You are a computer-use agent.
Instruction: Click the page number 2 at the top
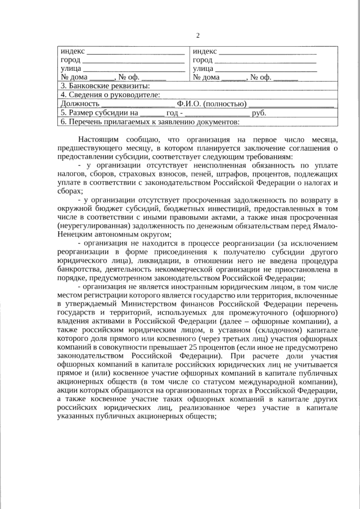[197, 36]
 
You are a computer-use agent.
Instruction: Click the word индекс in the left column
[71, 52]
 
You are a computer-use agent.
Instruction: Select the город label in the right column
[202, 60]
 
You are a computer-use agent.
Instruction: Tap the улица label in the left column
[70, 69]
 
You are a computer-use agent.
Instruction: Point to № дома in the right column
[206, 77]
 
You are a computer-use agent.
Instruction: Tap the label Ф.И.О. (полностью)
[211, 103]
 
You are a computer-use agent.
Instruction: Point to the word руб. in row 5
[259, 112]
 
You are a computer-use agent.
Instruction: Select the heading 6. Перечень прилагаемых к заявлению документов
[150, 121]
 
